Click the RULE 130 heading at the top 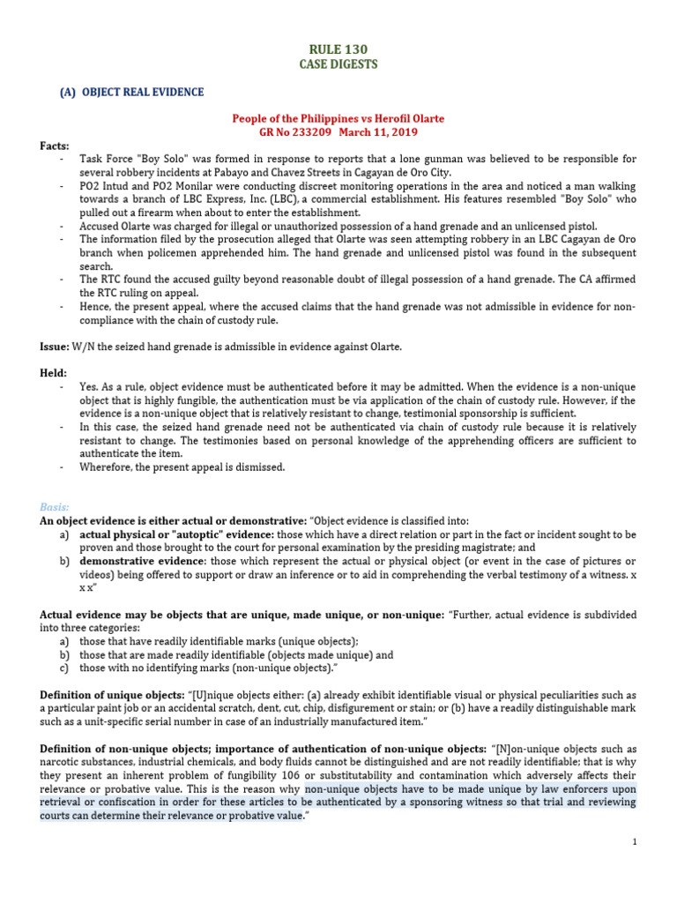click(338, 49)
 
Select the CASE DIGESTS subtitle click(338, 65)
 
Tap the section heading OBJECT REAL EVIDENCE click(143, 93)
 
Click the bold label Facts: click(55, 146)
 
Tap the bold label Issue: click(56, 347)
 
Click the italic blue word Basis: click(55, 506)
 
